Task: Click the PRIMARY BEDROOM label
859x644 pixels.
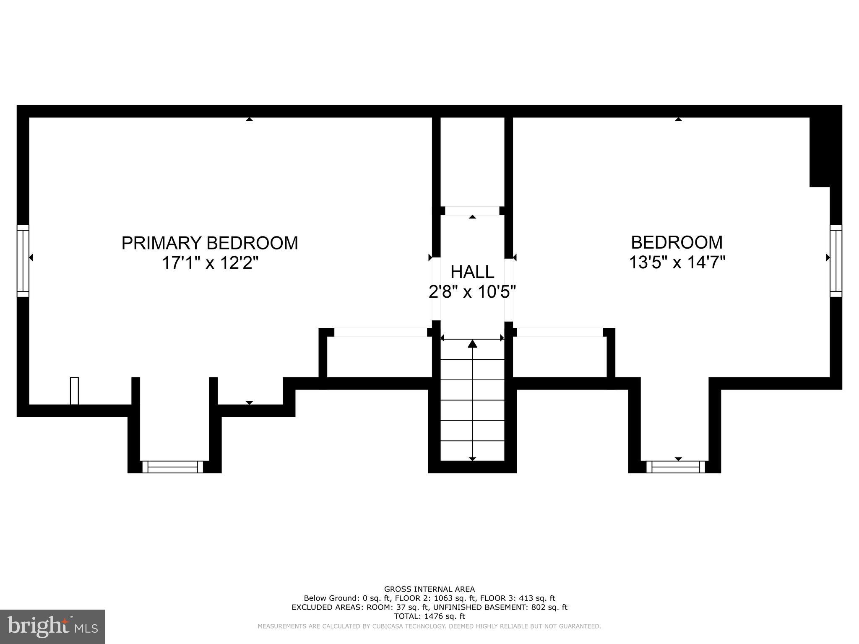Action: coord(210,243)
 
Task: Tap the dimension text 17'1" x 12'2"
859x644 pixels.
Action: coord(210,263)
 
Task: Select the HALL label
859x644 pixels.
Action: coord(472,272)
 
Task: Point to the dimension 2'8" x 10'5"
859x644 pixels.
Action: coord(472,292)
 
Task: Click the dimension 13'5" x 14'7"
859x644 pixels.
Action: coord(677,263)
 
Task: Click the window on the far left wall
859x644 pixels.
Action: coord(23,261)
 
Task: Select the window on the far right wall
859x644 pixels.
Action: coord(836,261)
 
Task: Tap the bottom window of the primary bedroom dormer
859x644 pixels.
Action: coord(173,467)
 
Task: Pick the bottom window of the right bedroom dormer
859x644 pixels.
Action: coord(676,467)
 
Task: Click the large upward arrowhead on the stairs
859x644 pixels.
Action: coord(473,344)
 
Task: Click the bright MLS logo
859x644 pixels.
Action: coord(52,626)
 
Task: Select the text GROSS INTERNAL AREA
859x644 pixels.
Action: coord(429,589)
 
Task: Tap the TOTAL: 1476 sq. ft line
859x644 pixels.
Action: coord(429,616)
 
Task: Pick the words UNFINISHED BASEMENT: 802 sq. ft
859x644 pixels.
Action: coord(500,607)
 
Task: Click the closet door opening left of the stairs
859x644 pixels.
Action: coord(380,332)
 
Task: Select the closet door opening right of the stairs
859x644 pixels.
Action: coord(560,332)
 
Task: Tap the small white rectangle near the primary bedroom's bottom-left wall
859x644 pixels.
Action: coord(74,391)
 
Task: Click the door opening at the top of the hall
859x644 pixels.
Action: coord(472,210)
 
